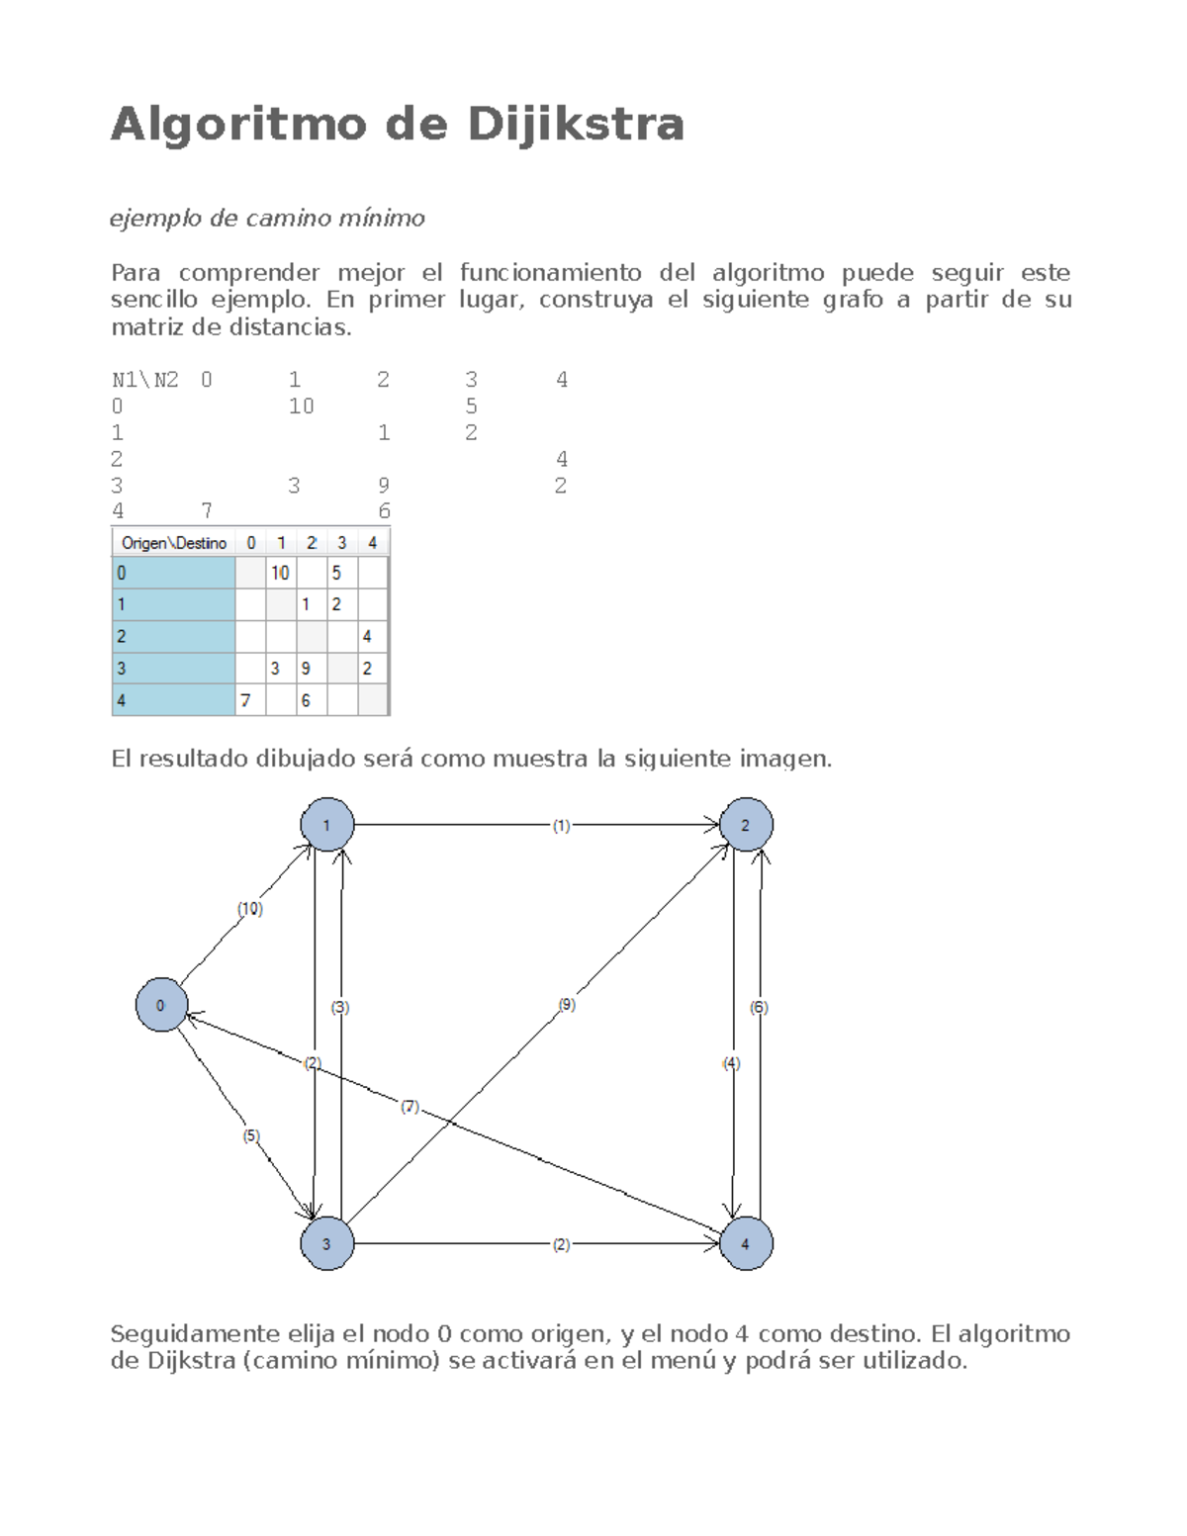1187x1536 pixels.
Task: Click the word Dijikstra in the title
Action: pyautogui.click(x=575, y=125)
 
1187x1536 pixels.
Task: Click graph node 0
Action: pyautogui.click(x=161, y=1005)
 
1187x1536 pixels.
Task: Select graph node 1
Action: pyautogui.click(x=326, y=824)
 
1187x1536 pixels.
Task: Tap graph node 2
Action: pyautogui.click(x=746, y=824)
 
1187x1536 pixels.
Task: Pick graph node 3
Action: pyautogui.click(x=326, y=1243)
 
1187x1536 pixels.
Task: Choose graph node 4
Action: pyautogui.click(x=746, y=1243)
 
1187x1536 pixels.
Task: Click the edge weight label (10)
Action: pyautogui.click(x=249, y=908)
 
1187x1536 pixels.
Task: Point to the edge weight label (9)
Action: pyautogui.click(x=566, y=1005)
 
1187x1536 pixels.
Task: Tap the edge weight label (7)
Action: pyautogui.click(x=411, y=1106)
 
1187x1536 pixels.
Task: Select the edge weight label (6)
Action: pyautogui.click(x=759, y=1007)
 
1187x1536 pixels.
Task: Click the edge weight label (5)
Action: pyautogui.click(x=251, y=1135)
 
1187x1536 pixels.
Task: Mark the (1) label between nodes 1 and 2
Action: pyautogui.click(x=561, y=826)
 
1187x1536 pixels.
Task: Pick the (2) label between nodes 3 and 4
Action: pyautogui.click(x=561, y=1245)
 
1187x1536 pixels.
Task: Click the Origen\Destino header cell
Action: pyautogui.click(x=174, y=543)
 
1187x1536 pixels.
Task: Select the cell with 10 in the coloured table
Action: pyautogui.click(x=281, y=573)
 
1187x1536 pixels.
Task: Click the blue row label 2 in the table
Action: pyautogui.click(x=174, y=636)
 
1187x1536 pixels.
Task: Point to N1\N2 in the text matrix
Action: pyautogui.click(x=145, y=380)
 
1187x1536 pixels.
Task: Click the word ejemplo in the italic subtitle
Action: pyautogui.click(x=156, y=219)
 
